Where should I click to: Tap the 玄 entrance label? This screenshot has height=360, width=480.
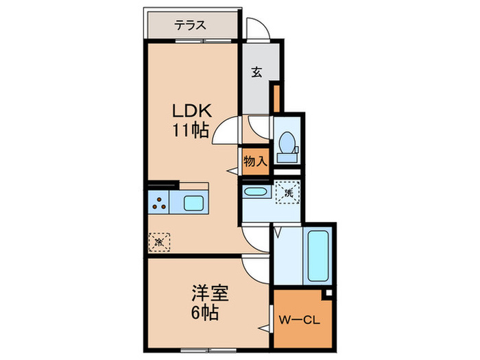pyautogui.click(x=256, y=71)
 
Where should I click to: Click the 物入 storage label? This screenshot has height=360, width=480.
pyautogui.click(x=255, y=162)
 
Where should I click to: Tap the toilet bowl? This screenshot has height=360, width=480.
pyautogui.click(x=287, y=143)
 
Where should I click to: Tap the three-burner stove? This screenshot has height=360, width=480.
pyautogui.click(x=160, y=203)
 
